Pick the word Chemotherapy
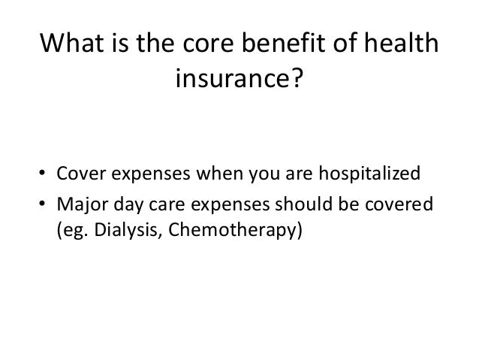coord(229,229)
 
